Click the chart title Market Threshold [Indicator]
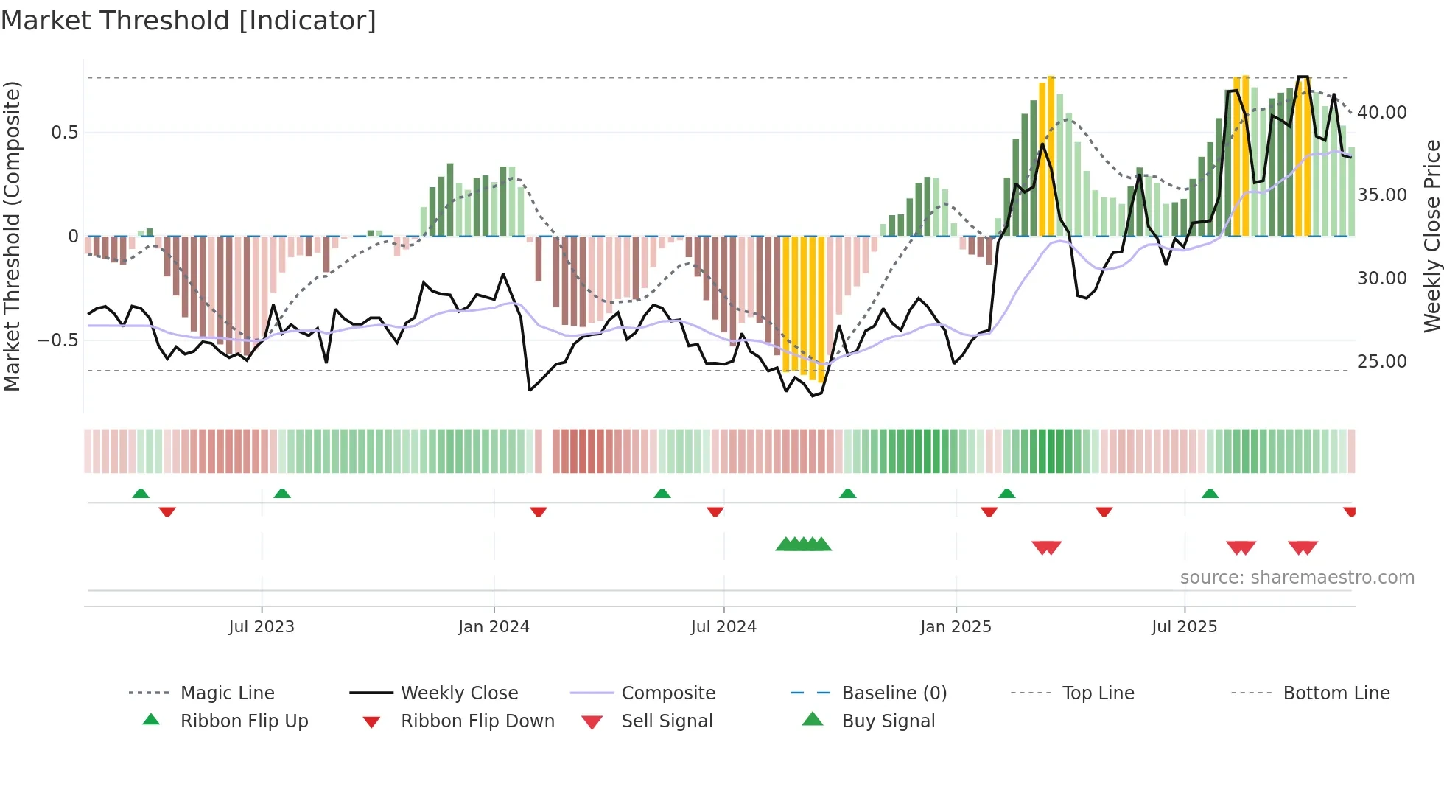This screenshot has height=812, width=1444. (189, 21)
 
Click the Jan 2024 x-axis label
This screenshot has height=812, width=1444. (494, 627)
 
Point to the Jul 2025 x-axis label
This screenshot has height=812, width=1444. (1184, 627)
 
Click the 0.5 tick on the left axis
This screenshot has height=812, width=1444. (64, 133)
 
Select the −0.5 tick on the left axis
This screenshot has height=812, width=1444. (58, 340)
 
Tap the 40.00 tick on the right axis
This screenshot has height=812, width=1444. (1381, 113)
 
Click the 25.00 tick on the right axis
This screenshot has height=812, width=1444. (1381, 362)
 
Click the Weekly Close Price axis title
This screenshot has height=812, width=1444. (1431, 236)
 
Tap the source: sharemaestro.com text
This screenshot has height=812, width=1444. (1297, 578)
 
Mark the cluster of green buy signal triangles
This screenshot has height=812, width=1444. (803, 545)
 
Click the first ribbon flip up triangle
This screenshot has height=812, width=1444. (141, 494)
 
